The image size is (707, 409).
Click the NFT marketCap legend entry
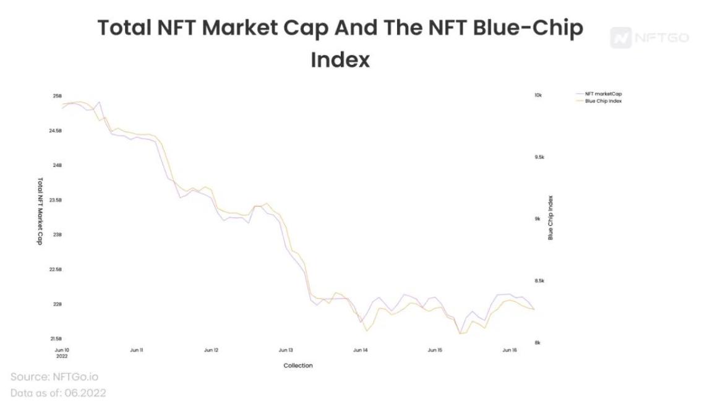tap(603, 94)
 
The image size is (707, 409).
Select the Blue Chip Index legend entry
tap(603, 101)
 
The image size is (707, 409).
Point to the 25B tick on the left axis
tap(58, 97)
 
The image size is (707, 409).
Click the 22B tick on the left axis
tap(58, 304)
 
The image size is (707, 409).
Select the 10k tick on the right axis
tap(538, 95)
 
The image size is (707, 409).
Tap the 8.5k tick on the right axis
tap(538, 281)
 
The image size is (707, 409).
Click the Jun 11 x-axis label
tap(137, 350)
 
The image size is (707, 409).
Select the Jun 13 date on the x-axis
tap(286, 350)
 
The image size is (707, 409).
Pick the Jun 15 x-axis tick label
tap(435, 350)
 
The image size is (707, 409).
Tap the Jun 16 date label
tap(509, 350)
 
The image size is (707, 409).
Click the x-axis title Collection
tap(298, 366)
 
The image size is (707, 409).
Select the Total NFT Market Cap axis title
tap(40, 211)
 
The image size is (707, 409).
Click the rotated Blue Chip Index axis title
tap(550, 218)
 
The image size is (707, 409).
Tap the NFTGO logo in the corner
tap(649, 38)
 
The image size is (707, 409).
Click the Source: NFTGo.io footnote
tap(54, 377)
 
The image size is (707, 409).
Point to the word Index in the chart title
tap(340, 60)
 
